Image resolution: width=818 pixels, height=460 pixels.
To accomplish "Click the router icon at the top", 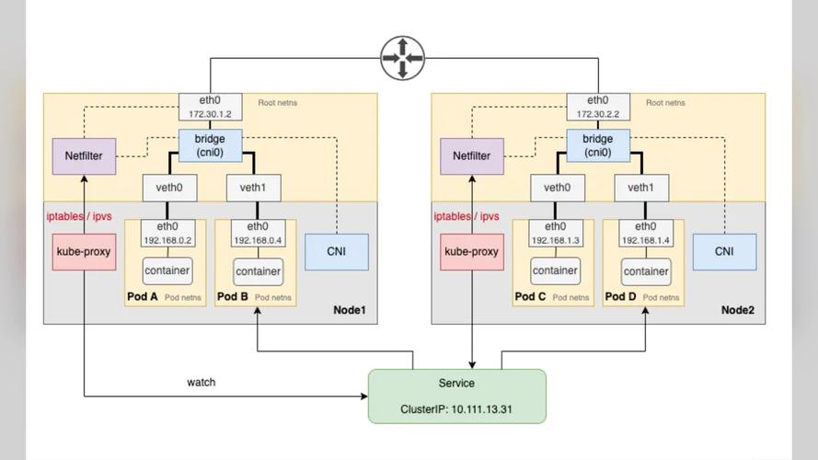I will [403, 58].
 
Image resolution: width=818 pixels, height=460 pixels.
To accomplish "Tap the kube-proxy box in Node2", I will [472, 251].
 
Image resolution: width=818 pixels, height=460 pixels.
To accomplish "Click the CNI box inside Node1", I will [337, 251].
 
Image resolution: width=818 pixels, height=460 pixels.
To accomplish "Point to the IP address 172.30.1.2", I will [211, 114].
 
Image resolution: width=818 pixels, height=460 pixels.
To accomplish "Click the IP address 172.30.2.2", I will [598, 114].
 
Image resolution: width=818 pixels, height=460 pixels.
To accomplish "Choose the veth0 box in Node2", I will [556, 188].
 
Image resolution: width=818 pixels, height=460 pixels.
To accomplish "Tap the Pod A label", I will [144, 297].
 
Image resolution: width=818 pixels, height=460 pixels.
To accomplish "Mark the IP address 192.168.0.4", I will [259, 240].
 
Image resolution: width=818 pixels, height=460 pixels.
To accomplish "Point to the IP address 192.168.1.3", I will [555, 240].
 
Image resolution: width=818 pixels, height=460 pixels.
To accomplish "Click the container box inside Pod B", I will [259, 271].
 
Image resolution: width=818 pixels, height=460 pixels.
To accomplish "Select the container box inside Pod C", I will [555, 271].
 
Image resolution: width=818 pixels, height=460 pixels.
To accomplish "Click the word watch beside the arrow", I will [202, 382].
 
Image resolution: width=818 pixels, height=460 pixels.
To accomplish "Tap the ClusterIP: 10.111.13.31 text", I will [456, 408].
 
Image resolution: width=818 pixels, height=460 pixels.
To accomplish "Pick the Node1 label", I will [350, 311].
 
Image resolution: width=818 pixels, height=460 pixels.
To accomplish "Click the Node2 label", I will [738, 311].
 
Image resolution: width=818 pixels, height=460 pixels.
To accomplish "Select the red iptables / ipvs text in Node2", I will [467, 217].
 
